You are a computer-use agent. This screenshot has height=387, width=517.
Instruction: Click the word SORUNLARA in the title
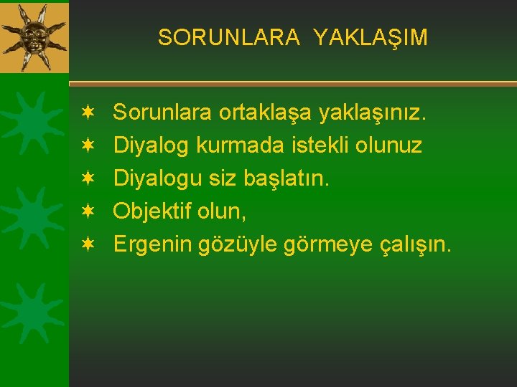tap(228, 37)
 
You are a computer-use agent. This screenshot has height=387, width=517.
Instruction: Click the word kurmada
tap(251, 146)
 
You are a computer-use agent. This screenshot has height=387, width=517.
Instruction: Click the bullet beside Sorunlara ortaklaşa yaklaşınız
tap(87, 113)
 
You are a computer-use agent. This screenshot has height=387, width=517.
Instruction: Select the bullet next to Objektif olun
tap(87, 211)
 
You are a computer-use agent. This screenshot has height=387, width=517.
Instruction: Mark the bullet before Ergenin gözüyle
tap(87, 244)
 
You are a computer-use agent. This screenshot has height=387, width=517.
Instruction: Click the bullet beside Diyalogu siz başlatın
tap(87, 178)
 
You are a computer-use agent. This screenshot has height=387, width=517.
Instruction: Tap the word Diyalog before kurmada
tap(153, 146)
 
